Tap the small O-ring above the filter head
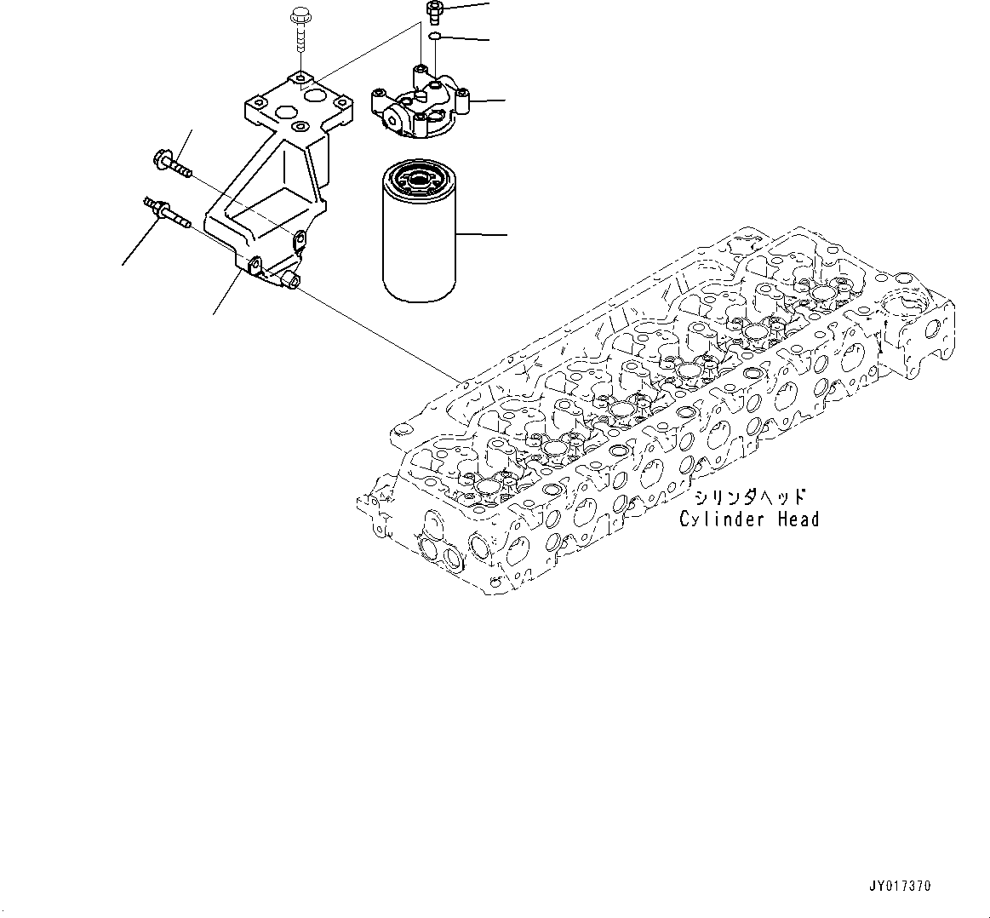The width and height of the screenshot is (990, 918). [434, 37]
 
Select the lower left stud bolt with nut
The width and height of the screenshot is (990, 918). [166, 211]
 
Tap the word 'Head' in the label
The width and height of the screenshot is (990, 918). [796, 519]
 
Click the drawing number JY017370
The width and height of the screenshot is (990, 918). [900, 886]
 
